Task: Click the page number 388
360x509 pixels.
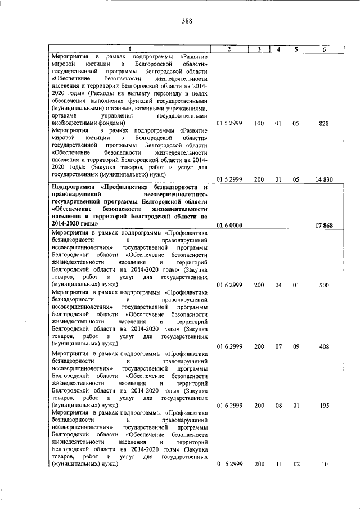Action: (187, 22)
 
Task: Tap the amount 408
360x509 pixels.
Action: (323, 346)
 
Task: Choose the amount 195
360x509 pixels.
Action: (323, 405)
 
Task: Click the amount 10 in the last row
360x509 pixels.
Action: (325, 464)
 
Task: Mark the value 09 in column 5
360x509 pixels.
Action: (296, 346)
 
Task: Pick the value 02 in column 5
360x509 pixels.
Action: (296, 464)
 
